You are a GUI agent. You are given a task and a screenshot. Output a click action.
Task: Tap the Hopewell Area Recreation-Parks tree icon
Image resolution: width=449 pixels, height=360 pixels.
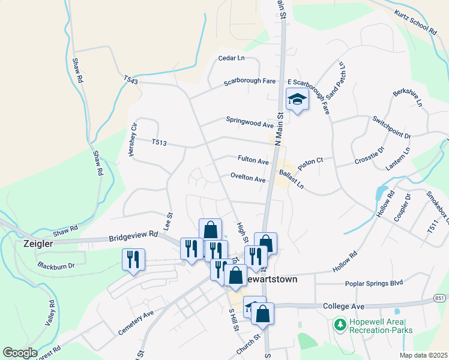coord(340,325)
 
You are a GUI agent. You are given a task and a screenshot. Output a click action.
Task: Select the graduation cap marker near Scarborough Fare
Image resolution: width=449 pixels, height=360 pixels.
coord(297,99)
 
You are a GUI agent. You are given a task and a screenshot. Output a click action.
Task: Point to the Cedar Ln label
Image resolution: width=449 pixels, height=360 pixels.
coord(232,58)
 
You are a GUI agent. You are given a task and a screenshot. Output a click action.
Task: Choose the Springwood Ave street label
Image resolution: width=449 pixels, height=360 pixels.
coord(250,122)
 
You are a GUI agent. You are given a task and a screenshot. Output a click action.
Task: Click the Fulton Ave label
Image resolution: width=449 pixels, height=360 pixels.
coord(253,161)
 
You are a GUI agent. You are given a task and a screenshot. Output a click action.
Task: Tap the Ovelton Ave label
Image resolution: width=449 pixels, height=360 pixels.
coord(247,179)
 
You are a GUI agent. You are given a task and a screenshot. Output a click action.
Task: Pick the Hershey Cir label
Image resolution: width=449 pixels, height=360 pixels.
coord(133,140)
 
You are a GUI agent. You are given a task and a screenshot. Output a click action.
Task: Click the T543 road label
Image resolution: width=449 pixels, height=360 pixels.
coord(131,80)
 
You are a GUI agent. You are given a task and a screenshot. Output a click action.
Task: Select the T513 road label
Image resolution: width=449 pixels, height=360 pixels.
coord(158,142)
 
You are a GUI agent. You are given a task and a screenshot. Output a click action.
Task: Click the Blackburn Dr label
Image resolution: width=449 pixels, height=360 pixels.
coord(56,265)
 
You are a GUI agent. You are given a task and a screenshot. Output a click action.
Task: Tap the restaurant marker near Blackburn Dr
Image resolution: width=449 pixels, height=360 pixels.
coord(133,259)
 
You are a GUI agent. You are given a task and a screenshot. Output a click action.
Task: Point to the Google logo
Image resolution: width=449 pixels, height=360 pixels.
coord(20,353)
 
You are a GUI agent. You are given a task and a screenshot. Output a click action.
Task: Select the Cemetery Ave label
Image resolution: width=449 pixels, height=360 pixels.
coord(136,321)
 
